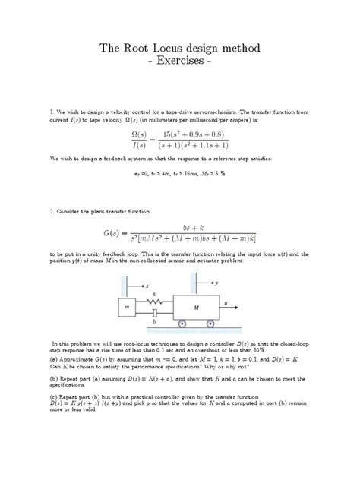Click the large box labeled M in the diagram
[x=195, y=307]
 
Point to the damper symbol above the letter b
[x=155, y=313]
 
